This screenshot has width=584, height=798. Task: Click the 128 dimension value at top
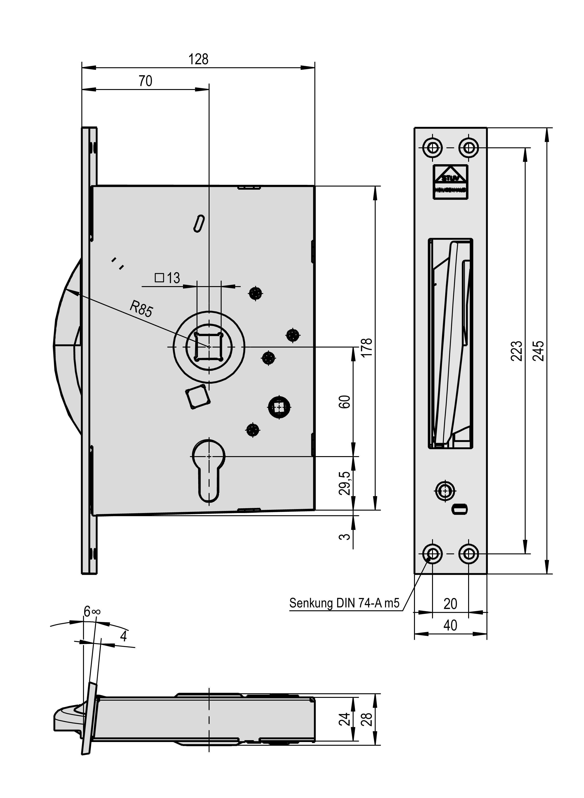pyautogui.click(x=198, y=59)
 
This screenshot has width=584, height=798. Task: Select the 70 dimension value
pyautogui.click(x=145, y=81)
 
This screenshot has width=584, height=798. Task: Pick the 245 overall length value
pyautogui.click(x=538, y=351)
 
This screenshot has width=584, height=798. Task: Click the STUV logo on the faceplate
pyautogui.click(x=450, y=182)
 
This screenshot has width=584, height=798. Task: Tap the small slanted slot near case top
pyautogui.click(x=199, y=223)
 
